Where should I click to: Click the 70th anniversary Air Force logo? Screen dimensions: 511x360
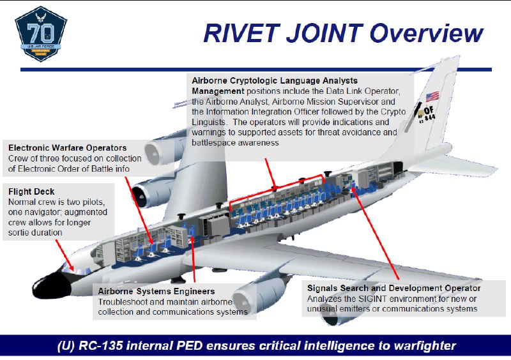click(x=41, y=34)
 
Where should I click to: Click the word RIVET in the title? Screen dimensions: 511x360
click(x=241, y=33)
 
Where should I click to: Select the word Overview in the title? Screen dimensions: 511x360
click(x=427, y=33)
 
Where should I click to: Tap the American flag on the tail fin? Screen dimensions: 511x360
click(x=432, y=96)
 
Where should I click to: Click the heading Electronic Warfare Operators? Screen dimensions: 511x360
click(x=68, y=148)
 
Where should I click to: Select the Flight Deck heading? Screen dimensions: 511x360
click(x=31, y=191)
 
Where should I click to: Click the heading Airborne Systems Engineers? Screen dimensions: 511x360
click(x=156, y=291)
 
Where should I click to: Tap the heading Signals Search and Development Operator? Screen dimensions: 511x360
click(x=393, y=289)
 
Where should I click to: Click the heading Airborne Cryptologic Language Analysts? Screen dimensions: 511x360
click(x=275, y=81)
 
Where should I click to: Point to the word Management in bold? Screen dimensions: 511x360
click(x=218, y=91)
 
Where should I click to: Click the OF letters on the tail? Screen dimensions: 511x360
click(x=429, y=110)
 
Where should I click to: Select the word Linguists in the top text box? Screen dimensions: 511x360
click(x=209, y=122)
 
